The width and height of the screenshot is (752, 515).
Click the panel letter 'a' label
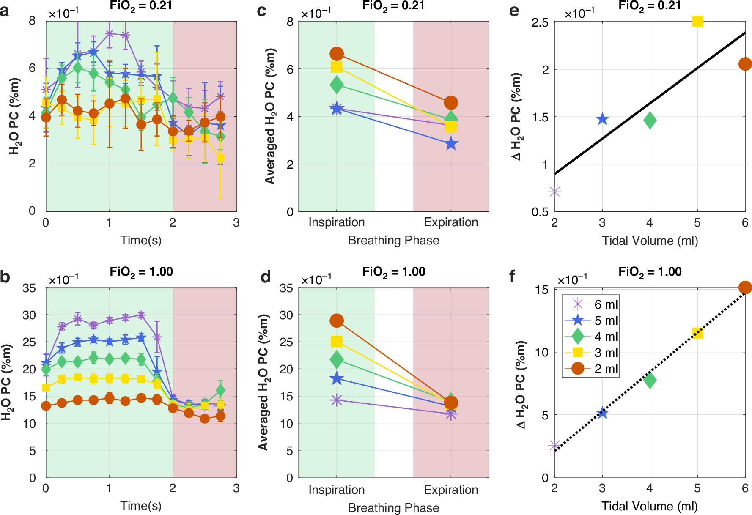(x=5, y=11)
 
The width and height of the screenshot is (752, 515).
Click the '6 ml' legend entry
(x=606, y=304)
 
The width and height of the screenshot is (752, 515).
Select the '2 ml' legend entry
(x=606, y=369)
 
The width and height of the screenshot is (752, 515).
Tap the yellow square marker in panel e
(x=697, y=21)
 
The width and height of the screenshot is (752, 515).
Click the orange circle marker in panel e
(x=745, y=64)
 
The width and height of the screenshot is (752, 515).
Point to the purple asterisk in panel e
(x=555, y=192)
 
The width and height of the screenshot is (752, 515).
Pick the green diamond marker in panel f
(x=650, y=380)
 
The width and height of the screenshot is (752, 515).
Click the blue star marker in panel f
(x=602, y=413)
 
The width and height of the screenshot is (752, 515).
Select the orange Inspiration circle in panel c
(x=337, y=54)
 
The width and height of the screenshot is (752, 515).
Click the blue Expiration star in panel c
(x=451, y=144)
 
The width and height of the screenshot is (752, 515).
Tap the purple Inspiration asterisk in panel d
(x=337, y=400)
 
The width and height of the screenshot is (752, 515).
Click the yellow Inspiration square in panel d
(x=337, y=341)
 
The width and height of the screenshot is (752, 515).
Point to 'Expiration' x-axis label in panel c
(x=451, y=222)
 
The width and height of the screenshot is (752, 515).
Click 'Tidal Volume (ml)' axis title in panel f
(x=650, y=506)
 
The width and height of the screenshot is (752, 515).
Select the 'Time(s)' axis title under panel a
(x=141, y=240)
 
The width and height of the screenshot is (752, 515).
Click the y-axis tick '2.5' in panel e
(x=540, y=22)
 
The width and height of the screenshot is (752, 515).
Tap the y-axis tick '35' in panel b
(x=29, y=288)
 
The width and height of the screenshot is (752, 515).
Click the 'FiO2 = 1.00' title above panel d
(x=394, y=272)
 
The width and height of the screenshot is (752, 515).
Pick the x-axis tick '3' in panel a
(x=236, y=222)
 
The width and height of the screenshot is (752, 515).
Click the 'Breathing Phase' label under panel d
(x=394, y=508)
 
